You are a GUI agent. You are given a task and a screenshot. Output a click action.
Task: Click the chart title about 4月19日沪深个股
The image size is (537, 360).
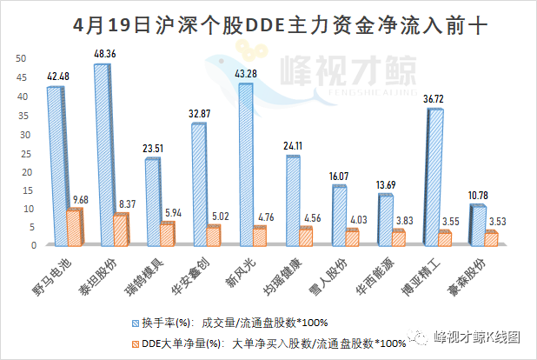(x=268, y=24)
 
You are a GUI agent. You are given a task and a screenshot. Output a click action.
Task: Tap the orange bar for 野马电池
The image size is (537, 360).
(x=74, y=228)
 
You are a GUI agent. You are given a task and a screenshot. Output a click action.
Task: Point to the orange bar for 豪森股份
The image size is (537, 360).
(x=491, y=239)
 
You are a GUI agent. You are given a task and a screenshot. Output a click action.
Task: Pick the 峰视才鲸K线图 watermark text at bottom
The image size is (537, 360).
(x=476, y=337)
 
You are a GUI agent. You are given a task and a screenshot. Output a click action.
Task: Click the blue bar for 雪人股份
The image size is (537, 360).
(x=339, y=217)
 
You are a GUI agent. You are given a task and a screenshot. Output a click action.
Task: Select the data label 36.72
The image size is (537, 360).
(x=438, y=98)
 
